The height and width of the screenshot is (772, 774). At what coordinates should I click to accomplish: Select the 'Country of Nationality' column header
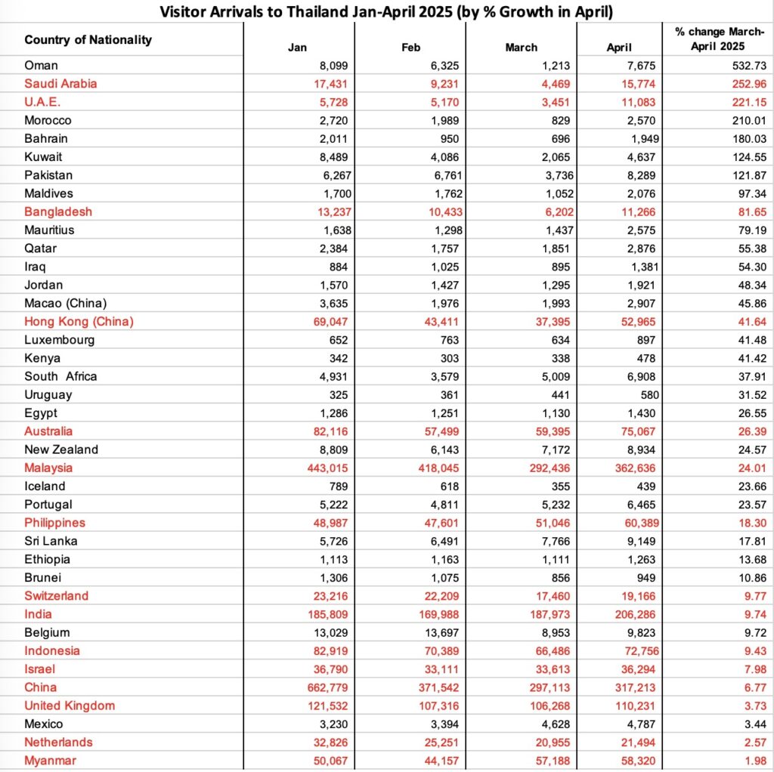[88, 39]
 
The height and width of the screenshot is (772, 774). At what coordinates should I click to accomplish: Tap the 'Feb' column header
[410, 48]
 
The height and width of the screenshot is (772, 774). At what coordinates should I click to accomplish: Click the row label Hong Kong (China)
[79, 321]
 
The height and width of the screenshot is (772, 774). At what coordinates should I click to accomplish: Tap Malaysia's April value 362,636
[633, 468]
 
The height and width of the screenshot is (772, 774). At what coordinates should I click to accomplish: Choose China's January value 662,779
[324, 687]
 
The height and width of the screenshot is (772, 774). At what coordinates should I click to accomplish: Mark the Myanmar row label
[50, 761]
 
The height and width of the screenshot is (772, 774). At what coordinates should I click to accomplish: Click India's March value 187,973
[548, 614]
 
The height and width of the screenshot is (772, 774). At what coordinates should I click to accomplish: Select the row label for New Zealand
[61, 449]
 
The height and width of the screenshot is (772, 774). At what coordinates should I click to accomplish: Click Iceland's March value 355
[559, 486]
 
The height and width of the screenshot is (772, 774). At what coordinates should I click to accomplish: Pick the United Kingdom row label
[70, 706]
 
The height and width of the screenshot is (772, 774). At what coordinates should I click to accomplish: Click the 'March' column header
[521, 48]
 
